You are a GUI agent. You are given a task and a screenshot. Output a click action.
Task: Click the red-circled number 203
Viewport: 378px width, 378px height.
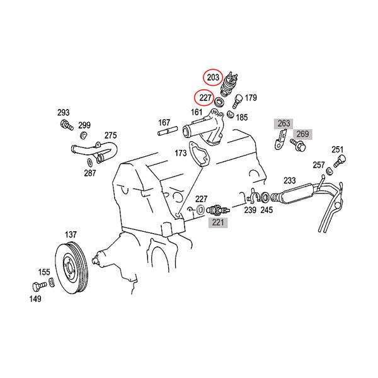tap(213, 77)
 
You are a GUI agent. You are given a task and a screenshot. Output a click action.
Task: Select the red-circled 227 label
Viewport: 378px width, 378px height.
tap(205, 98)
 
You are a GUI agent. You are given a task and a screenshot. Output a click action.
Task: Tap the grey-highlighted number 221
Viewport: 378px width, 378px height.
tap(218, 222)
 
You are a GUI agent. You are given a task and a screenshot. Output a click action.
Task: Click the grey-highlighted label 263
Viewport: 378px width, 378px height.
tap(283, 123)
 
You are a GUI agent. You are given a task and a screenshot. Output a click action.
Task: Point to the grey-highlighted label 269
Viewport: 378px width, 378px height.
tap(302, 134)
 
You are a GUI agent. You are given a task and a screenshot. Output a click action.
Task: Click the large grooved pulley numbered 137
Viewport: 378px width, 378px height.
tap(72, 268)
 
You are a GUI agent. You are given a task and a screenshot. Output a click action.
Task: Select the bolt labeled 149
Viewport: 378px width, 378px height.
tap(39, 286)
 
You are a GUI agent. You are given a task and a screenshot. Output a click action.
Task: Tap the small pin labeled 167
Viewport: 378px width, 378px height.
tap(168, 131)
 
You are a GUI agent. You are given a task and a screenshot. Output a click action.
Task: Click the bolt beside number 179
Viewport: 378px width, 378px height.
tap(237, 101)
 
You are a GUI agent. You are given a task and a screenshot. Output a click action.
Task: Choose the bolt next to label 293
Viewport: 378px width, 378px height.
tap(67, 125)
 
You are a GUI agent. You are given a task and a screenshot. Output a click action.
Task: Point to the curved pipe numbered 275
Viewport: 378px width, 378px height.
tap(95, 151)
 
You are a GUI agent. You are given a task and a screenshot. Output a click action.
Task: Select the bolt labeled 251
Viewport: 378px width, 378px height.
tap(340, 161)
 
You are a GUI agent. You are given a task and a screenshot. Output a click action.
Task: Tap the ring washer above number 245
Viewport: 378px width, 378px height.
tap(265, 198)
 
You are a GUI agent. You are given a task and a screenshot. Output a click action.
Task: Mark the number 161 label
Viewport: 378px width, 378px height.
tap(197, 112)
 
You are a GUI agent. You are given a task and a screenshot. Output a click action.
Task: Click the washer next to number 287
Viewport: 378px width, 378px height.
tap(89, 163)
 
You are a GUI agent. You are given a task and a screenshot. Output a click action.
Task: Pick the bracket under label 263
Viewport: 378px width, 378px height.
tap(280, 139)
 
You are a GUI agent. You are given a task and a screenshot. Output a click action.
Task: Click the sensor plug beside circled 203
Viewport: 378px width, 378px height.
tap(229, 84)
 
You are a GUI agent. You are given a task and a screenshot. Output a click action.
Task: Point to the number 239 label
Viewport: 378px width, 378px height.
tap(250, 210)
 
